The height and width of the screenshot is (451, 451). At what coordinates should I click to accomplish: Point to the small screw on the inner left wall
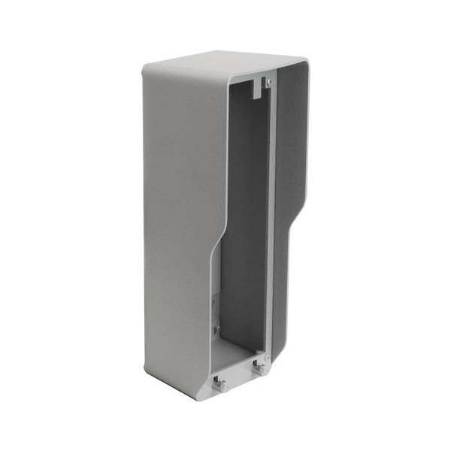(216, 329)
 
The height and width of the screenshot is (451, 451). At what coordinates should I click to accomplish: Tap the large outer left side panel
(177, 225)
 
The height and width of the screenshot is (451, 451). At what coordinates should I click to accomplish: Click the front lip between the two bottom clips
(239, 376)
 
